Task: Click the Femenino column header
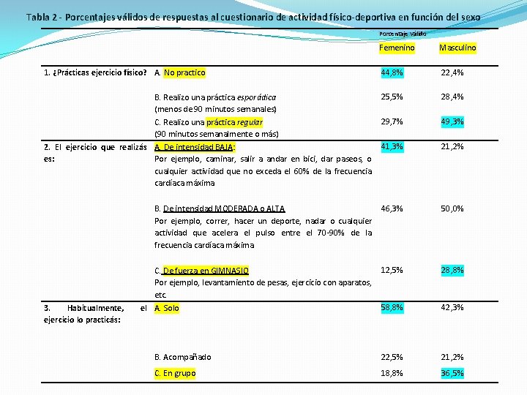397,48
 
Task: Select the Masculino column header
457,48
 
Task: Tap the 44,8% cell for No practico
391,72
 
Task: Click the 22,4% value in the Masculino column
452,72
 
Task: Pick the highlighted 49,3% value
452,121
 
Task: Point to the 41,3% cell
391,147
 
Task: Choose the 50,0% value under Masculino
452,208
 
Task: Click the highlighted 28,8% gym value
452,270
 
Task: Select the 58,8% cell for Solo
391,307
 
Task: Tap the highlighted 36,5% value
452,373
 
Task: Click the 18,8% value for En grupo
391,373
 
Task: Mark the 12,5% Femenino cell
391,270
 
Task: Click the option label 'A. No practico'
180,72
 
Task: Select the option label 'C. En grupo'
176,373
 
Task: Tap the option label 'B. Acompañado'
182,357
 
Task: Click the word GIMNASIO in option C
228,270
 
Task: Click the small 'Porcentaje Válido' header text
403,34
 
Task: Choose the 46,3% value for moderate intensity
391,208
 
